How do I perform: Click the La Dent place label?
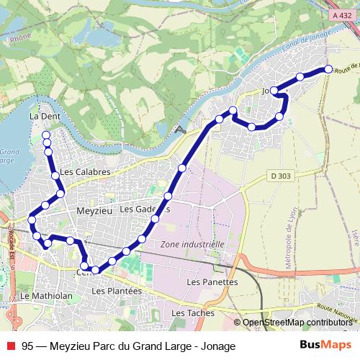[43, 115]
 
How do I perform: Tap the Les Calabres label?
[85, 172]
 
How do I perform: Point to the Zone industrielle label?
[192, 244]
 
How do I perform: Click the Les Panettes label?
[212, 282]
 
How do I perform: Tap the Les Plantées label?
[117, 290]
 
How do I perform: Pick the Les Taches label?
[189, 314]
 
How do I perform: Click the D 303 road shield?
[282, 175]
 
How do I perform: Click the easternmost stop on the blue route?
[328, 69]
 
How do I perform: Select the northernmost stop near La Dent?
[46, 135]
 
